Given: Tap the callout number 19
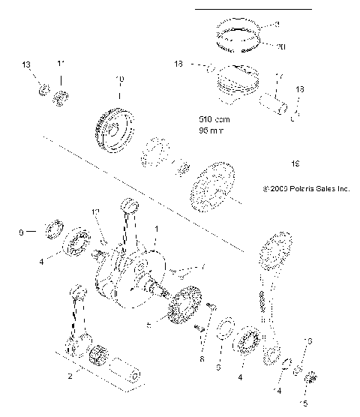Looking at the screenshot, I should pos(293,161).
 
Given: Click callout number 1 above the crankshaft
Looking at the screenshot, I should pos(155,228).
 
